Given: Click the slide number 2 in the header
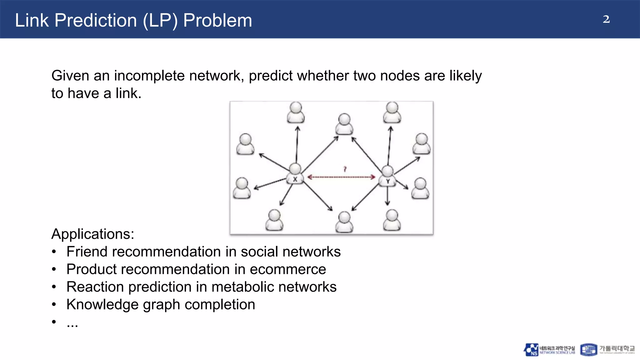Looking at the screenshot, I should (x=606, y=19).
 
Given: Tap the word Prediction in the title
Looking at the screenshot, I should (x=96, y=21).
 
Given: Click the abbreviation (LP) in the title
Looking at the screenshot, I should (x=160, y=21).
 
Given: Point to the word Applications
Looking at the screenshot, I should (x=93, y=234).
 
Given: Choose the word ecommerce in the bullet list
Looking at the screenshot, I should (x=288, y=269).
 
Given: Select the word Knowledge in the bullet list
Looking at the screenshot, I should (x=102, y=304).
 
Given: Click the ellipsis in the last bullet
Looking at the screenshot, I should (x=72, y=324).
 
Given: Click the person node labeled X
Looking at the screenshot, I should (x=295, y=174).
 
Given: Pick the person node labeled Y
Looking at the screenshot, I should (x=387, y=176).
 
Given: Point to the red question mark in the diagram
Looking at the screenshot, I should (x=345, y=169).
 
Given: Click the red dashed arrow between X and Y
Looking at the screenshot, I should (x=341, y=177).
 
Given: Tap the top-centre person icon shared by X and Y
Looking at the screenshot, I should (x=344, y=124).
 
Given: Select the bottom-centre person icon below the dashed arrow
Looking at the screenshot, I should (x=344, y=222).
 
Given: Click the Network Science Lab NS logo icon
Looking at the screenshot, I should (x=531, y=350).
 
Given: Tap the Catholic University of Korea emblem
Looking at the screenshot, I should (x=588, y=350).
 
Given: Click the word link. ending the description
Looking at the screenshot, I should (x=128, y=93).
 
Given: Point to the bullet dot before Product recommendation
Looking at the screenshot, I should (x=54, y=269).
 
